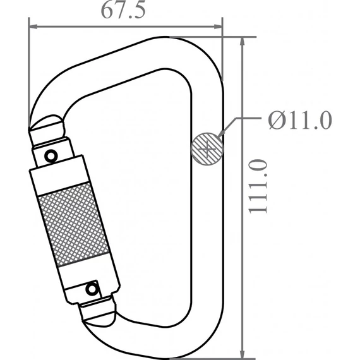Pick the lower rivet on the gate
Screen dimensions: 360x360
[x=93, y=290]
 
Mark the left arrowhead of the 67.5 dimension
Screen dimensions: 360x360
[x=33, y=27]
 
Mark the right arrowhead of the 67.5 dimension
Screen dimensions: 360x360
[x=219, y=27]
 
